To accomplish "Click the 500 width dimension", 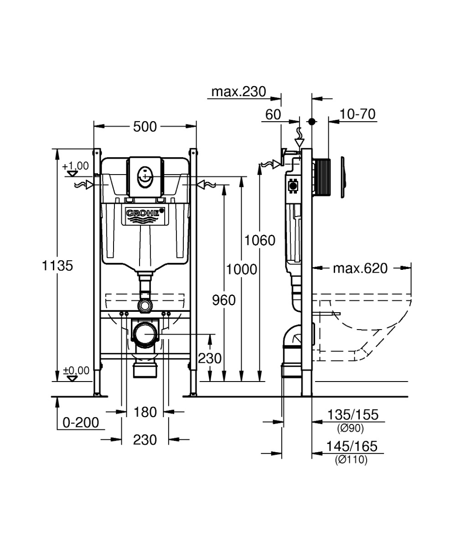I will coord(145,127).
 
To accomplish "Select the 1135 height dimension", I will coord(57,265).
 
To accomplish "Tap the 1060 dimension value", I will coord(260,240).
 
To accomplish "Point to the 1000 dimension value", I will coord(242,269).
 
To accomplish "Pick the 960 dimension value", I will coord(224,300).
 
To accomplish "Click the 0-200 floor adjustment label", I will coord(81,423).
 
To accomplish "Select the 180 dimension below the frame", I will coord(145,413).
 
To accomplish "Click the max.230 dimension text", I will coord(238,92).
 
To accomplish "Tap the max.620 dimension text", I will coord(360,268).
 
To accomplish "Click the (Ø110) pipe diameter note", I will coord(351,460).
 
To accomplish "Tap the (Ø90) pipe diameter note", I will coord(351,428).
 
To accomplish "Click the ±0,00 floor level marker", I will coord(76,371).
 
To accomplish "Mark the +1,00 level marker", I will coord(76,166).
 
